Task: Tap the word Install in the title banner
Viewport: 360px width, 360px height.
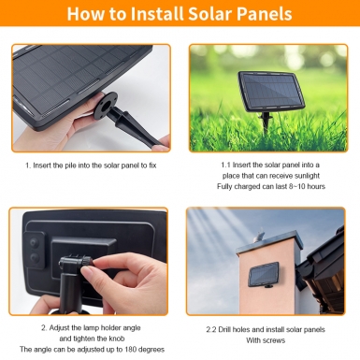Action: [x=157, y=14]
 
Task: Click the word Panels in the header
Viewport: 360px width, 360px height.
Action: [x=265, y=14]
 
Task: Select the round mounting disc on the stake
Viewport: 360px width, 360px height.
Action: [x=107, y=105]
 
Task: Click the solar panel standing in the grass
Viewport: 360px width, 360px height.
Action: [x=271, y=92]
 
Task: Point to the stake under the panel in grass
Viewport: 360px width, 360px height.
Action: [x=266, y=122]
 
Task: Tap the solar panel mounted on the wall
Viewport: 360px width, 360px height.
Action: [x=264, y=274]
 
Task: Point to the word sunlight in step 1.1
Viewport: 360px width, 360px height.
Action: [x=307, y=176]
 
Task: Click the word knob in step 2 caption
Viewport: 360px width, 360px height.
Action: [x=117, y=338]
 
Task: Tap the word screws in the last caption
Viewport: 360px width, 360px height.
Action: [x=274, y=340]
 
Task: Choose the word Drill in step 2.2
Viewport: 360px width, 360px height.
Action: [x=224, y=329]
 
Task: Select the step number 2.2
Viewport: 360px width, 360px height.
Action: [x=211, y=329]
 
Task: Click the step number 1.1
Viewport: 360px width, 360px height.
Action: [x=225, y=165]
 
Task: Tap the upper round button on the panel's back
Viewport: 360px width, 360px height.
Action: [x=34, y=242]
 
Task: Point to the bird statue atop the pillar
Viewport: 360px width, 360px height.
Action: [x=260, y=235]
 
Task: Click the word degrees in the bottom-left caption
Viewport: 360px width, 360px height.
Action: [x=151, y=350]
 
